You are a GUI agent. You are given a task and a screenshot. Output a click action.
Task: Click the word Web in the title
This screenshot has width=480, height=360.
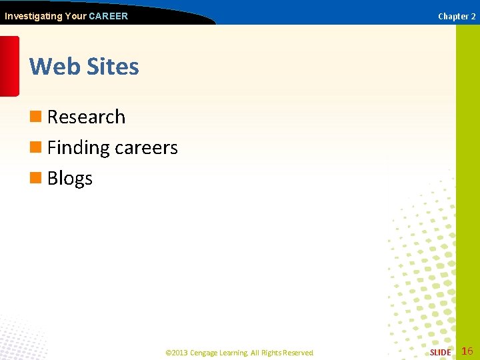click(x=51, y=67)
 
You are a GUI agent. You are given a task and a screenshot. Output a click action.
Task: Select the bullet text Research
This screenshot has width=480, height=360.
click(x=86, y=117)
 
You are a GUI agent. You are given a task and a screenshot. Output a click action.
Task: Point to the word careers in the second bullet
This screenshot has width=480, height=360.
click(x=146, y=147)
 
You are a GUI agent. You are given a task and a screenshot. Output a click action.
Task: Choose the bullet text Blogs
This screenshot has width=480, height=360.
click(x=70, y=179)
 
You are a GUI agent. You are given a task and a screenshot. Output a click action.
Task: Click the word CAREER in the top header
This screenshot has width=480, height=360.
click(x=108, y=16)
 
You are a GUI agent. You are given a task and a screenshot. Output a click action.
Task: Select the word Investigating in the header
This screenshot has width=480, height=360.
click(x=33, y=16)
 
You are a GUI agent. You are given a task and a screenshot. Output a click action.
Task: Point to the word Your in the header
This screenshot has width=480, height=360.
click(x=75, y=16)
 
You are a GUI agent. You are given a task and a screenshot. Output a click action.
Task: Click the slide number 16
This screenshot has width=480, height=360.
click(x=467, y=351)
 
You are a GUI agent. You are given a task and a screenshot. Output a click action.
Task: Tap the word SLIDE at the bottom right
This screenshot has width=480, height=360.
click(x=440, y=353)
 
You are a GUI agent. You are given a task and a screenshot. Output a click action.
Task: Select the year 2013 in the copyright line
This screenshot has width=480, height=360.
click(x=180, y=353)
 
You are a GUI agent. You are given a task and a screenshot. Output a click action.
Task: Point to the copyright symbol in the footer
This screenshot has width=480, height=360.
click(x=168, y=353)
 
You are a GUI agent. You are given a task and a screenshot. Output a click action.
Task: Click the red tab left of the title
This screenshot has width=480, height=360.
click(x=9, y=66)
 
